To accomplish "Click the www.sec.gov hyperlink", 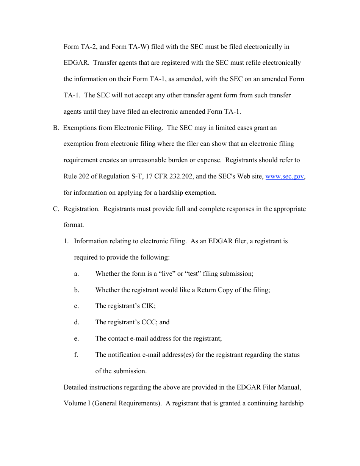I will tap(284, 177).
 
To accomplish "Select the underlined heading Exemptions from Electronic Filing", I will tap(112, 128).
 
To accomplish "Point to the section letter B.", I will tap(56, 128).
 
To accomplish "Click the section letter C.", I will tap(56, 209).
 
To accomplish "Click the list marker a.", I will tap(77, 274).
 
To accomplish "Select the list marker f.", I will tap(76, 355).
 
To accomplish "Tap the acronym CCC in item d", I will tap(149, 322).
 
